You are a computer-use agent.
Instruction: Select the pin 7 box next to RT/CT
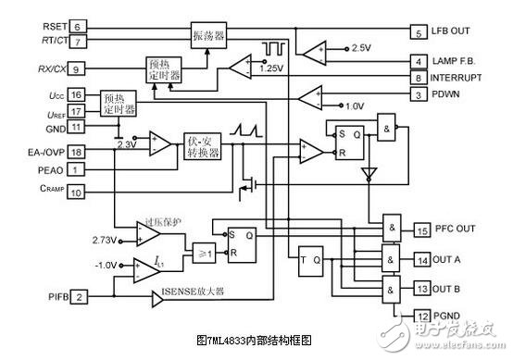(78, 42)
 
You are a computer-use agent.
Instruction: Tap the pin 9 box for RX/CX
(78, 68)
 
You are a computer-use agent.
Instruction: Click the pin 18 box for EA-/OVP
(78, 151)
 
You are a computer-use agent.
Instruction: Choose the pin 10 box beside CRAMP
(78, 192)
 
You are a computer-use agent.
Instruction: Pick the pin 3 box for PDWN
(419, 94)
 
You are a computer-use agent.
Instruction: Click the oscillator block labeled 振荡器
(207, 36)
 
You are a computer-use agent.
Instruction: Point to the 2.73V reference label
(104, 240)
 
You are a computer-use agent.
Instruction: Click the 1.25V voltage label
(271, 68)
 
